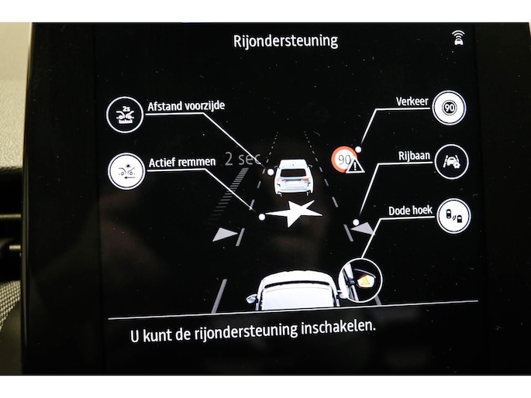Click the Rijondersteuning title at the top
(x=285, y=41)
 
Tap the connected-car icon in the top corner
(x=459, y=37)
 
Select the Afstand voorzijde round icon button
(x=125, y=115)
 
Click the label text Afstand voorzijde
(x=186, y=106)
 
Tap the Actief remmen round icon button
(x=126, y=171)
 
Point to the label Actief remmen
(x=182, y=163)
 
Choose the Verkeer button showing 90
(x=450, y=108)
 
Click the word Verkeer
(x=412, y=101)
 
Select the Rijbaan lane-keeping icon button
(x=452, y=161)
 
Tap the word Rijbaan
(x=414, y=156)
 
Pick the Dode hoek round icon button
(x=453, y=216)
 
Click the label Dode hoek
(x=410, y=211)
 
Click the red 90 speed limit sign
(x=344, y=159)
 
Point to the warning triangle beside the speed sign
(x=355, y=165)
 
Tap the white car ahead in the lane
(x=293, y=177)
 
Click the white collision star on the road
(x=294, y=213)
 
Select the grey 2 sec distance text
(x=243, y=159)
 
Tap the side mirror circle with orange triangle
(x=360, y=280)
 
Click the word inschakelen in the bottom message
(x=338, y=328)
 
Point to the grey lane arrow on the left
(x=226, y=234)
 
